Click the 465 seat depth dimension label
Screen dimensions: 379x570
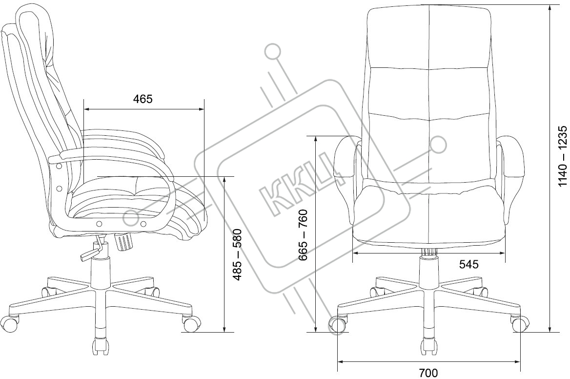click(143, 99)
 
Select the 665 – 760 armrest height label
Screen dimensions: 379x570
click(303, 234)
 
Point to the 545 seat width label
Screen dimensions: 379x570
click(468, 264)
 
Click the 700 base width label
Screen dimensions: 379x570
click(428, 373)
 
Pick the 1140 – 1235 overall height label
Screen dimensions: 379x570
click(563, 156)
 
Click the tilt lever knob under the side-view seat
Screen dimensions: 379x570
click(124, 241)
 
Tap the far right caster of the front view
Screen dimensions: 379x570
click(519, 323)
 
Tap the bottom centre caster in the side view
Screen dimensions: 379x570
click(100, 345)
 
